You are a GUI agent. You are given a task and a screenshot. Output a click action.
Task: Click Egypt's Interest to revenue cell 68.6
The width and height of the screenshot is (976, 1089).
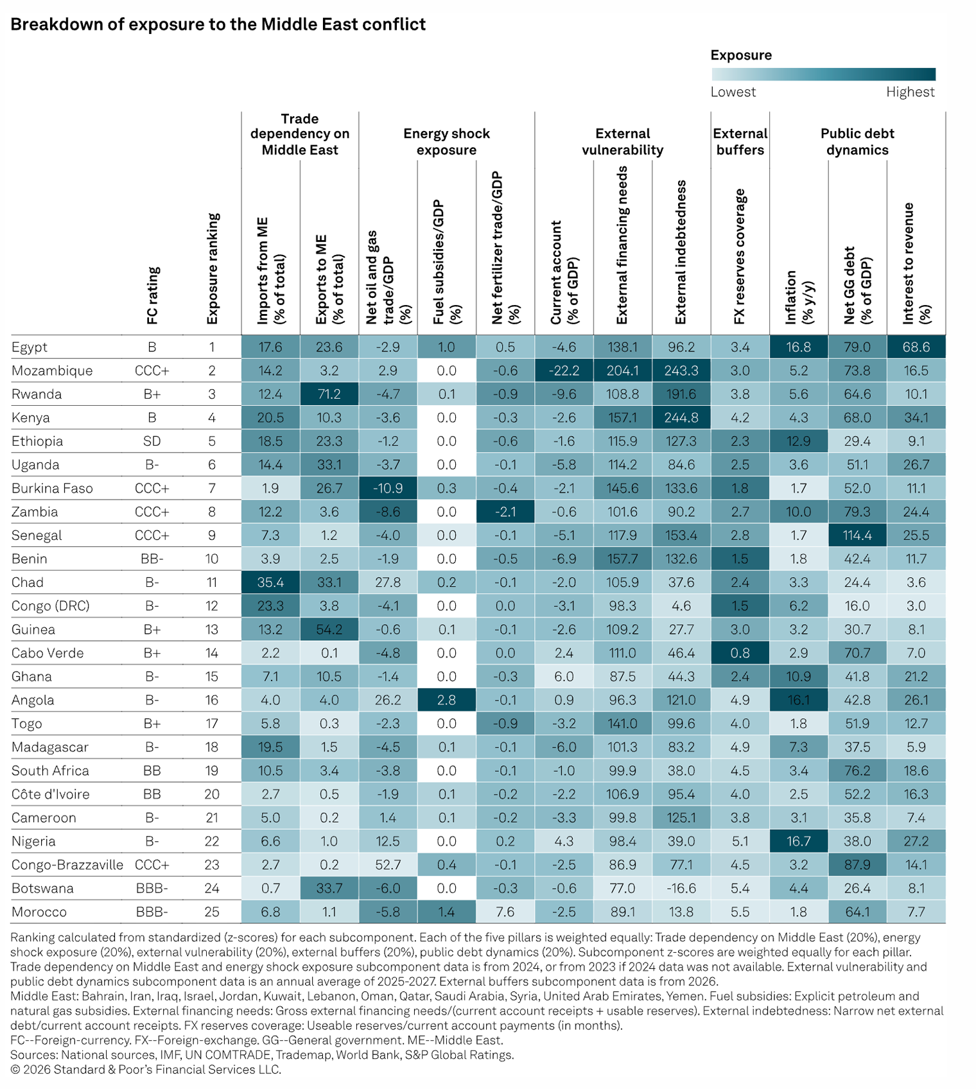[x=916, y=347]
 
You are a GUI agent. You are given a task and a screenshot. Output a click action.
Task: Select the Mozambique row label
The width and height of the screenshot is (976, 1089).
[x=52, y=370]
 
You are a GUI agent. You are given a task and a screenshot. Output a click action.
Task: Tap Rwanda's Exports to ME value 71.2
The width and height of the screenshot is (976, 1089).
[x=329, y=394]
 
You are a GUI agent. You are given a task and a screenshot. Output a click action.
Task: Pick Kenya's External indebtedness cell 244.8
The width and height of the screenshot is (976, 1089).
[x=681, y=417]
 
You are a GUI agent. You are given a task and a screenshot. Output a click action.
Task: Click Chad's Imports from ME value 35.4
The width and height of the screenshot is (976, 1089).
[x=270, y=582]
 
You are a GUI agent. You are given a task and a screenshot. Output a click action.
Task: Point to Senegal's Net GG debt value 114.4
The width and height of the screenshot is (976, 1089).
[x=857, y=535]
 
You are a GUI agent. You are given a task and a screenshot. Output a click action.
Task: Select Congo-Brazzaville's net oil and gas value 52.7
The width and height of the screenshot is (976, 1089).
[x=388, y=865]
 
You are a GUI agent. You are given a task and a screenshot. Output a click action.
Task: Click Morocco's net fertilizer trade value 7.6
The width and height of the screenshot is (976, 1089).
[x=505, y=912]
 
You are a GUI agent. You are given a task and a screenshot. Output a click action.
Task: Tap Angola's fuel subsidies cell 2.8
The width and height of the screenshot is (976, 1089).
[x=446, y=700]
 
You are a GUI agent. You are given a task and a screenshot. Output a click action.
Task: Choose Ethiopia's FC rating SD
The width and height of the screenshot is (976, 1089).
[x=152, y=441]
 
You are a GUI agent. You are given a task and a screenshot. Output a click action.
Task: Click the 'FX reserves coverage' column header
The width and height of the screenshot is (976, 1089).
[x=740, y=256]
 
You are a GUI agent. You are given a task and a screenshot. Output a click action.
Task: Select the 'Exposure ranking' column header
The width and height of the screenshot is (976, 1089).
[x=213, y=268]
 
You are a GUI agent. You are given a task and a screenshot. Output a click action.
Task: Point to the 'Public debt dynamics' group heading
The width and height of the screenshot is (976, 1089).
[x=857, y=141]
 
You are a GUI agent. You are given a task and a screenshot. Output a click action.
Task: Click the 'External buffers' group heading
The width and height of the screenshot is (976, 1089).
[x=740, y=141]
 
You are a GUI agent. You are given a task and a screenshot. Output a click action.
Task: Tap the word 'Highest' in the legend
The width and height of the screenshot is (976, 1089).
[x=910, y=92]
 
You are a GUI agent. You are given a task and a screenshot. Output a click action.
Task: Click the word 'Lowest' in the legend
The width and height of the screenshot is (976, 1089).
[x=733, y=92]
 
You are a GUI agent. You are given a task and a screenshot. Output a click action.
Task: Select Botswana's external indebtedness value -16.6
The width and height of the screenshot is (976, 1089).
[x=681, y=888]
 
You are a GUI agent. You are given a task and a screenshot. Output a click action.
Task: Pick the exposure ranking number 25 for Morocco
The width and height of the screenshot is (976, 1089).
[x=212, y=912]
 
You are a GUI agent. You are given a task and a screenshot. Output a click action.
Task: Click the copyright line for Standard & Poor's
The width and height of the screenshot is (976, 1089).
[x=146, y=1069]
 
